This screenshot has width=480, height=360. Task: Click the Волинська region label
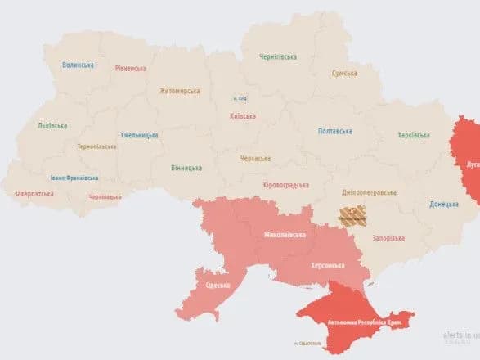pos(78,65)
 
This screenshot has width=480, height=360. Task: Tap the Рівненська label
pos(130,69)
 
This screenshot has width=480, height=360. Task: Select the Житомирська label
pos(180,90)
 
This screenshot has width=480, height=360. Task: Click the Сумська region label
pos(344,74)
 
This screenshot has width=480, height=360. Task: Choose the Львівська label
pos(52,126)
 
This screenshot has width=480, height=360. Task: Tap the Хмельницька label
pos(140,134)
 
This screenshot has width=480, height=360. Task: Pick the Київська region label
pos(243,116)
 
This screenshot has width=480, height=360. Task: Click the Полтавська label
pos(335,131)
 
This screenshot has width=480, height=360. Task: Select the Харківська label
pos(413,135)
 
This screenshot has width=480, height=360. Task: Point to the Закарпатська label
pos(34,194)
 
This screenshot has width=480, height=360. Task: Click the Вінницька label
pos(187,168)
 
